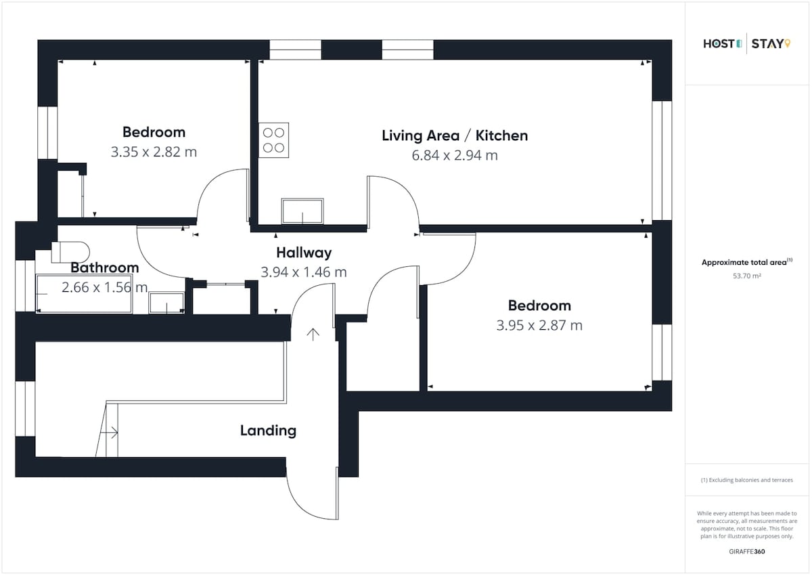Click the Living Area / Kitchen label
click(x=455, y=135)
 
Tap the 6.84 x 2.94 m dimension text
click(x=455, y=155)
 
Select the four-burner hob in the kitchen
click(x=273, y=140)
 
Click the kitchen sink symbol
click(x=302, y=211)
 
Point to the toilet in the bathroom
click(x=70, y=252)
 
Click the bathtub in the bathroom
click(x=84, y=293)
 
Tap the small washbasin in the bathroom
click(x=166, y=303)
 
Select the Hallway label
click(x=304, y=253)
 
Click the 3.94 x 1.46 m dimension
click(x=304, y=272)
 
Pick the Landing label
click(x=268, y=431)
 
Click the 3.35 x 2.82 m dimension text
click(x=154, y=152)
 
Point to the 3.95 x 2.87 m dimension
click(x=539, y=325)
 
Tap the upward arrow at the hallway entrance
click(x=313, y=335)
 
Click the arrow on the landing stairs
click(x=109, y=432)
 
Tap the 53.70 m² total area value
click(x=747, y=276)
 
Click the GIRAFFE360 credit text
click(x=747, y=551)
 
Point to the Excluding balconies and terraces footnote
click(x=747, y=480)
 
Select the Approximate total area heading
click(x=747, y=262)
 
